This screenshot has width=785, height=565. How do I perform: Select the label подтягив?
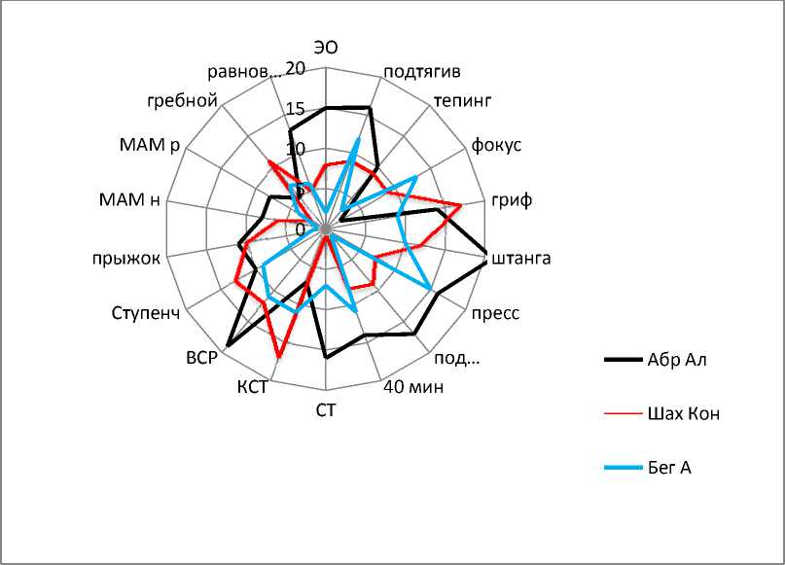click(422, 72)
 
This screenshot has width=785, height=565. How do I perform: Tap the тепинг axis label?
click(463, 100)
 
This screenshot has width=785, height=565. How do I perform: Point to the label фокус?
click(496, 145)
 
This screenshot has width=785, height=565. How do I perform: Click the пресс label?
click(496, 313)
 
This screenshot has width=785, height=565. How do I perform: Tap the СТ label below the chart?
click(326, 409)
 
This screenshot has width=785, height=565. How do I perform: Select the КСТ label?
click(252, 387)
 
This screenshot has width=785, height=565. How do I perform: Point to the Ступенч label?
click(145, 314)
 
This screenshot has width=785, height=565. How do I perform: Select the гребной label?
click(182, 100)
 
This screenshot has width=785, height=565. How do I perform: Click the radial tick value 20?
click(296, 69)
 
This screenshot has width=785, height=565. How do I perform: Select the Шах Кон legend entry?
click(682, 413)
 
